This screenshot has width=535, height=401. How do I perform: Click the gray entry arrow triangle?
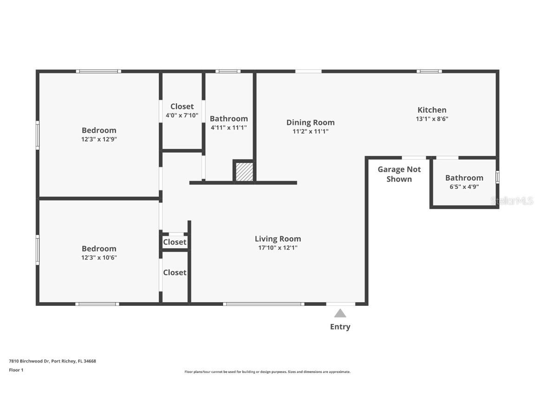click(340, 313)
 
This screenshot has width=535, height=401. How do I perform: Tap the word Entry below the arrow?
click(340, 327)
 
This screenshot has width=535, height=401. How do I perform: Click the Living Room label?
click(278, 239)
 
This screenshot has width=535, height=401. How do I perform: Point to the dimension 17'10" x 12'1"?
click(278, 248)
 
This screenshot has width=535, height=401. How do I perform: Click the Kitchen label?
click(432, 110)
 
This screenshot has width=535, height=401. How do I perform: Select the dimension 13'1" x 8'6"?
click(432, 119)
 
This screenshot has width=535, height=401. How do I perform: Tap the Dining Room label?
click(310, 123)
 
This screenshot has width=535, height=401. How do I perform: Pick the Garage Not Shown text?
click(399, 174)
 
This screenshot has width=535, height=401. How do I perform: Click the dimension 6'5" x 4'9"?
click(464, 187)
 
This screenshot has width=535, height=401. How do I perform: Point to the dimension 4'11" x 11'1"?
click(228, 128)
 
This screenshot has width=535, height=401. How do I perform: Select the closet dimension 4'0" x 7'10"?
click(182, 115)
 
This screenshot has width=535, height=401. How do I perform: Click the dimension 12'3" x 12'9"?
click(99, 139)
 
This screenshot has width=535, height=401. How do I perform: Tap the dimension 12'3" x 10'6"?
click(99, 257)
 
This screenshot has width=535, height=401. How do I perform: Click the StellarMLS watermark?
click(512, 201)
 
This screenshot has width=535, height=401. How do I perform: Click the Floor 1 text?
click(16, 370)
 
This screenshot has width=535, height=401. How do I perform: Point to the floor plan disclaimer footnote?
click(267, 372)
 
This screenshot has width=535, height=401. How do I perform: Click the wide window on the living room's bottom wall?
click(263, 304)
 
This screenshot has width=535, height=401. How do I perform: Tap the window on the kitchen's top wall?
click(429, 71)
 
